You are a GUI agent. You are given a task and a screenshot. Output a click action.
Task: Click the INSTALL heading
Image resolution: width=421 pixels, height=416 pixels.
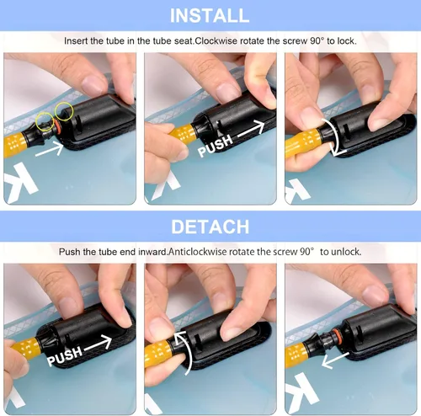(x=210, y=15)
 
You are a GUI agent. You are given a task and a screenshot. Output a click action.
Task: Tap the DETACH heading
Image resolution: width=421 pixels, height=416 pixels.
(x=210, y=227)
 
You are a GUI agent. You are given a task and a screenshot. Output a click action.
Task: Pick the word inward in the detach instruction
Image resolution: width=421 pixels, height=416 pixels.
(x=152, y=252)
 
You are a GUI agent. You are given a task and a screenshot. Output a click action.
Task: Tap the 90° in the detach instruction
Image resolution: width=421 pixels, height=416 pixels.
(x=306, y=252)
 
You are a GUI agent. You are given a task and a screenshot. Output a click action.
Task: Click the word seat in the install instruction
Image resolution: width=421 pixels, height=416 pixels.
(x=184, y=41)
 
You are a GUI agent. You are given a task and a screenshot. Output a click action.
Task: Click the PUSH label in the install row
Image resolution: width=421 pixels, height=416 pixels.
(x=216, y=145)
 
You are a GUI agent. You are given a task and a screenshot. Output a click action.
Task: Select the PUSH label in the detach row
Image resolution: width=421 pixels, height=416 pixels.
(x=65, y=355)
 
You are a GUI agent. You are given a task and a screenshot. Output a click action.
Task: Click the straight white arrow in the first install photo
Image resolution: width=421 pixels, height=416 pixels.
(x=50, y=149)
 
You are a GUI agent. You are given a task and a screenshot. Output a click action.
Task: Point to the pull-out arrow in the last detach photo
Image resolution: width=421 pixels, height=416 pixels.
(x=335, y=360)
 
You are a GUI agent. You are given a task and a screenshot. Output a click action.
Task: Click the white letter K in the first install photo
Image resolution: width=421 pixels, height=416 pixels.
(x=20, y=183)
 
